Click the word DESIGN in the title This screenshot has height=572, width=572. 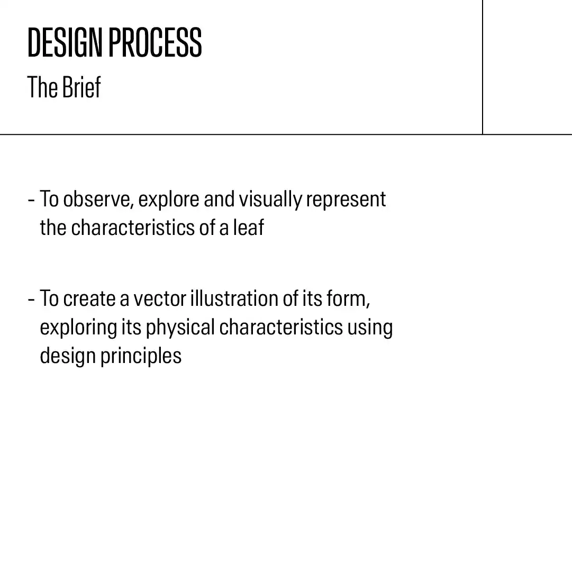pyautogui.click(x=65, y=42)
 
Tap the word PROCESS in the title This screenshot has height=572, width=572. pyautogui.click(x=155, y=42)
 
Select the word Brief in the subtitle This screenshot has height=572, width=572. pyautogui.click(x=81, y=87)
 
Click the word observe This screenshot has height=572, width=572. pyautogui.click(x=96, y=199)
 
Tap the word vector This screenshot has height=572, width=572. pyautogui.click(x=160, y=298)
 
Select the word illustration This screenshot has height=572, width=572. pyautogui.click(x=234, y=298)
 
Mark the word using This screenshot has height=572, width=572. pyautogui.click(x=370, y=328)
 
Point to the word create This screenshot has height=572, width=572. pyautogui.click(x=89, y=298)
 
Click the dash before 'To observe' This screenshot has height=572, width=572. pyautogui.click(x=31, y=200)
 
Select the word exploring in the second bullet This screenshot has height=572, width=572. pyautogui.click(x=78, y=328)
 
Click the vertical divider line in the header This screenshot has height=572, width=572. pyautogui.click(x=483, y=67)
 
